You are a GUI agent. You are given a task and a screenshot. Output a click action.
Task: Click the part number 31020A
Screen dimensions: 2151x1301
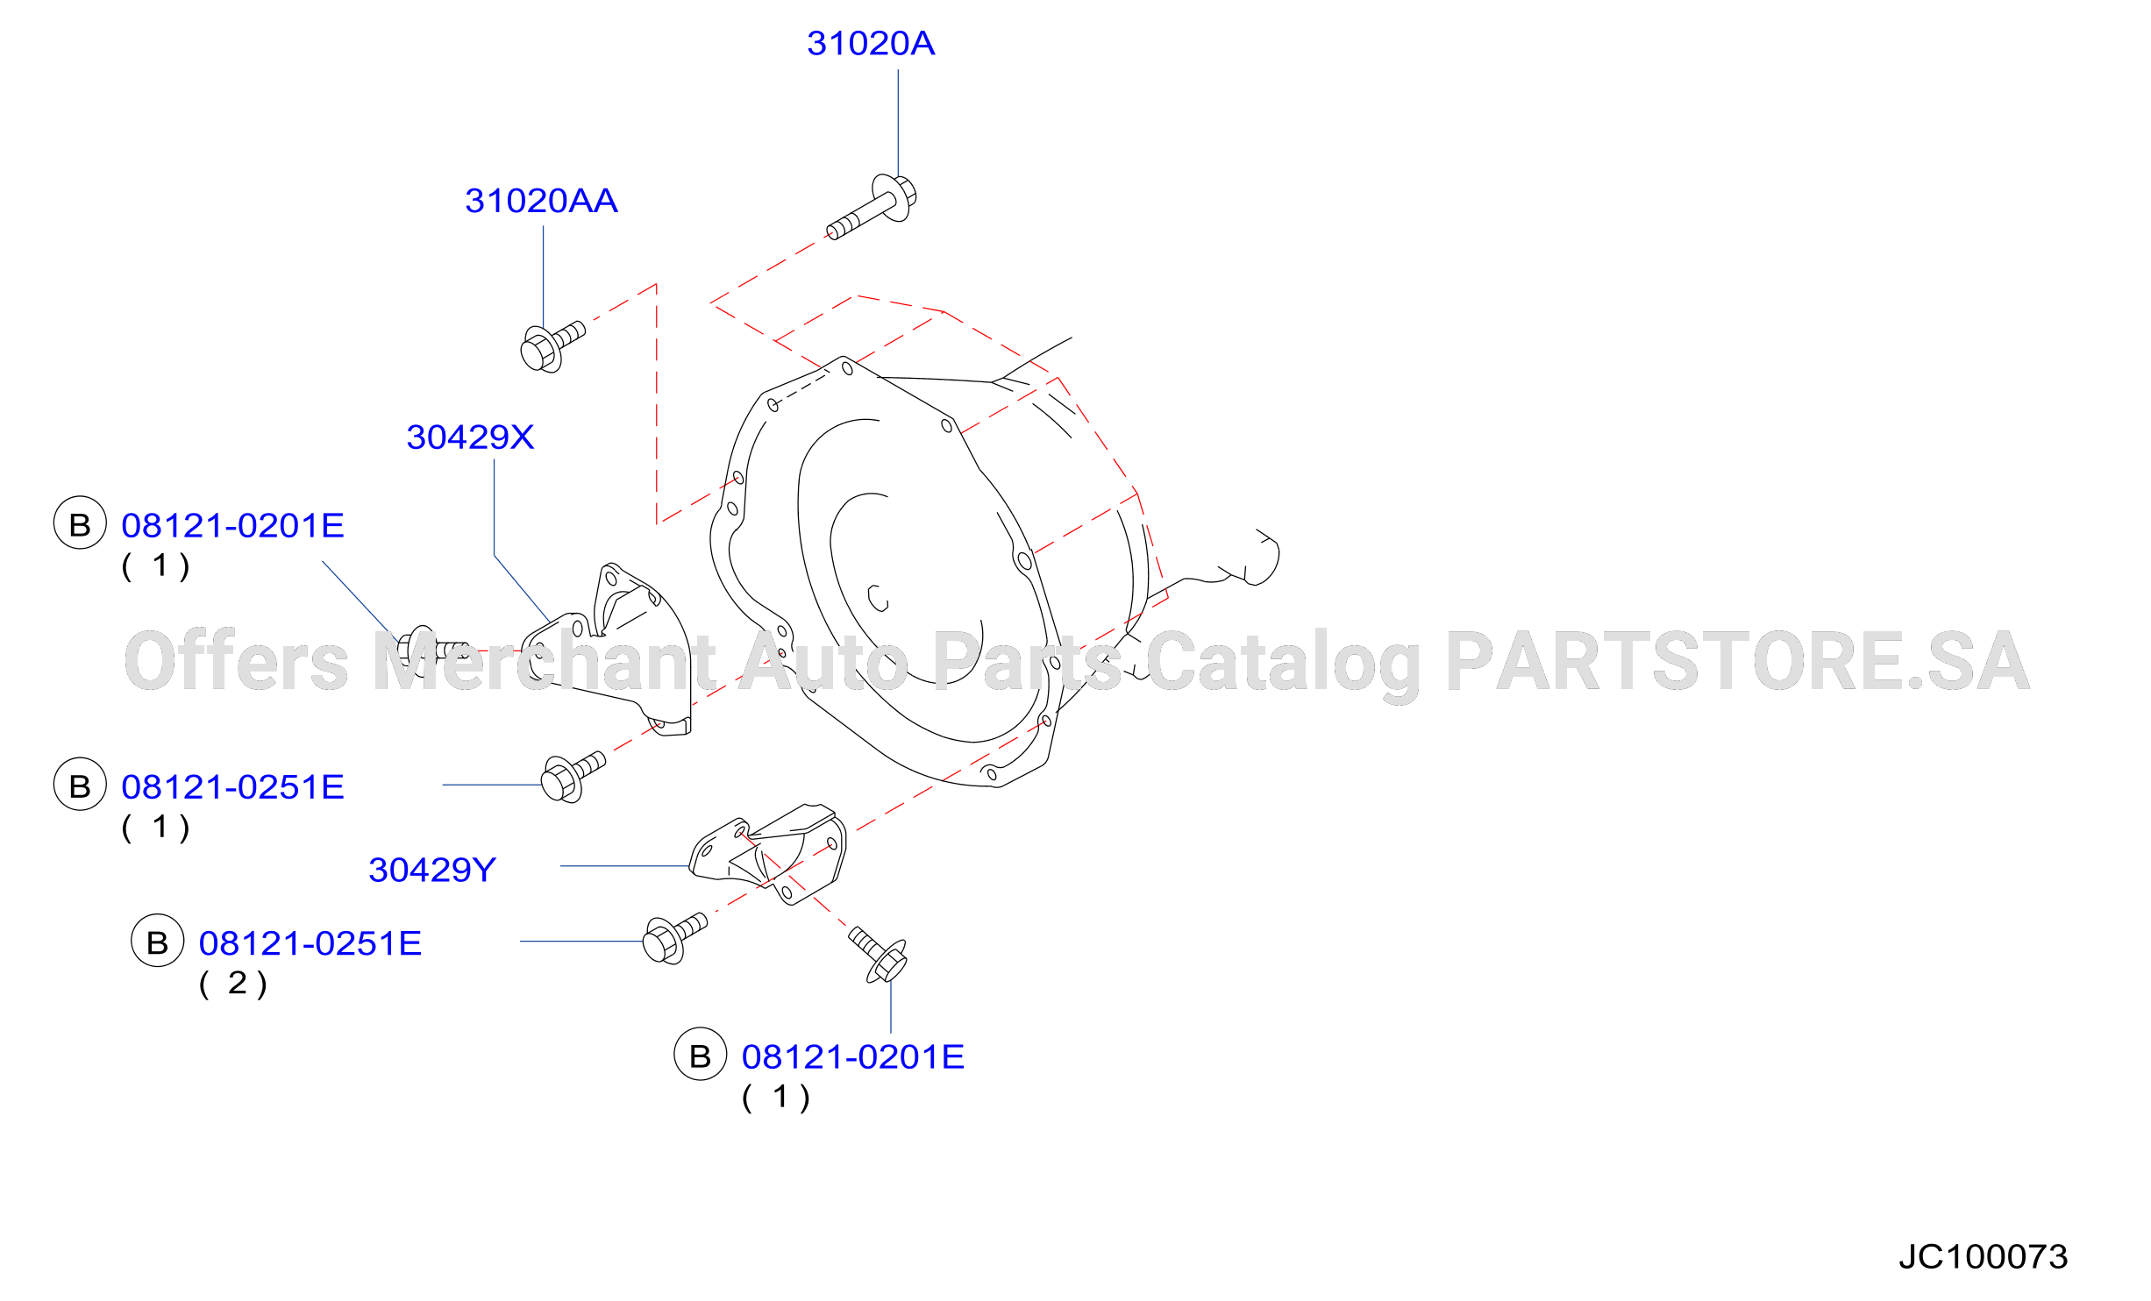871,44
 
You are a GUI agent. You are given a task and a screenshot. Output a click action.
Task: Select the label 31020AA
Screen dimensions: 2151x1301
541,201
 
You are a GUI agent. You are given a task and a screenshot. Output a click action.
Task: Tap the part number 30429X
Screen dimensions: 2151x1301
470,437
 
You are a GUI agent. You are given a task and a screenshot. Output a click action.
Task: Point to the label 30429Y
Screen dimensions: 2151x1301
432,871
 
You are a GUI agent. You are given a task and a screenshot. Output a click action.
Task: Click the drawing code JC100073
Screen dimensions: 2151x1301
1984,1257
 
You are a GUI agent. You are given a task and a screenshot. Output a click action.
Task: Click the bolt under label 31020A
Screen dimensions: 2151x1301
873,207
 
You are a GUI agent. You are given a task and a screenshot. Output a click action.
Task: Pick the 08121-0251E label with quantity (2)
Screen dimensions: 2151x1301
310,944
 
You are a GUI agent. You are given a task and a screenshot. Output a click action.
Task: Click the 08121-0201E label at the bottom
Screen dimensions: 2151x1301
853,1057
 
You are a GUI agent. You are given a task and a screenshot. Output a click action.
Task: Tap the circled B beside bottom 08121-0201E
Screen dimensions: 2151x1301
700,1055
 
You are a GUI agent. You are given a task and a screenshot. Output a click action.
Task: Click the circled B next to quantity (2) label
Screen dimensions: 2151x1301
157,941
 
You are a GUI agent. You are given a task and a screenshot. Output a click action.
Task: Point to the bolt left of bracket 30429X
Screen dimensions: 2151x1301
432,650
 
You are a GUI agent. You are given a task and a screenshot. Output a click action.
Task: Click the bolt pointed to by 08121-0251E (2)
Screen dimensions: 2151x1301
674,939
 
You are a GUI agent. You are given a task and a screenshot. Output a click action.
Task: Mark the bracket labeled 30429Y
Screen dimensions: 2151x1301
769,853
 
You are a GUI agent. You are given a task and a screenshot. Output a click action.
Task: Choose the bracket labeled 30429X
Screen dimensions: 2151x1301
607,649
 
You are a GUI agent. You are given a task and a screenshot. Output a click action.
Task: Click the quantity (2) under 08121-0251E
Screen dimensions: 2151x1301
233,985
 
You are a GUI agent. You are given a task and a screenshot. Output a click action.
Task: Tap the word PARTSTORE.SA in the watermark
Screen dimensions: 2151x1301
1738,661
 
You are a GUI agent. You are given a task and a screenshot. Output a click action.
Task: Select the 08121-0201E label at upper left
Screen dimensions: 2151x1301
232,526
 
